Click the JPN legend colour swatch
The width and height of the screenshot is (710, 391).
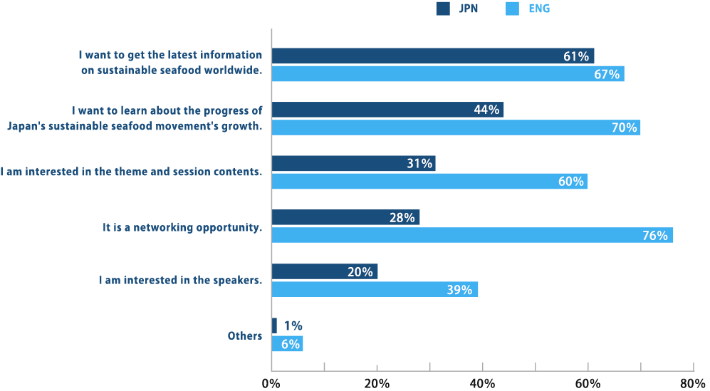click(x=444, y=9)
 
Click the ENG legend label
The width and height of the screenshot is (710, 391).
click(x=538, y=9)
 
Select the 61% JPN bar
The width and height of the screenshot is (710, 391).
click(x=433, y=56)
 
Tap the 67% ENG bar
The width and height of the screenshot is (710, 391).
click(x=448, y=73)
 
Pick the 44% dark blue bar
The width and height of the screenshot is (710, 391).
click(x=387, y=110)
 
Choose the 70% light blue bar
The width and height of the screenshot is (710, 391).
click(x=456, y=127)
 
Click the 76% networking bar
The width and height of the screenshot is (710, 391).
click(x=472, y=235)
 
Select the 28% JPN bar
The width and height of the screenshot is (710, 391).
click(x=345, y=217)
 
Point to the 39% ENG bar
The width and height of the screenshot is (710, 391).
click(x=375, y=289)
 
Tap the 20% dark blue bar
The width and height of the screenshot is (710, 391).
click(x=325, y=271)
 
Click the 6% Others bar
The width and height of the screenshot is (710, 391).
click(x=287, y=343)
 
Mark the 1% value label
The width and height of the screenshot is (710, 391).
click(x=293, y=325)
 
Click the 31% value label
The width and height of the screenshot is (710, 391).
click(x=419, y=164)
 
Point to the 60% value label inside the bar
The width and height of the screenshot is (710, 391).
click(x=570, y=182)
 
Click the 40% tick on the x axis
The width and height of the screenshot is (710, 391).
click(x=483, y=383)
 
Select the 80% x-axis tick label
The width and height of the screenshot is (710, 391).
click(x=692, y=383)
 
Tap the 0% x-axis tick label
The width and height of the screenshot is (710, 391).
click(x=271, y=383)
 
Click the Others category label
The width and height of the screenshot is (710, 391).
click(x=245, y=335)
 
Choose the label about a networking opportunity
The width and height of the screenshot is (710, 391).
click(x=182, y=227)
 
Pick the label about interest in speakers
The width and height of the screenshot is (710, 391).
click(x=180, y=281)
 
